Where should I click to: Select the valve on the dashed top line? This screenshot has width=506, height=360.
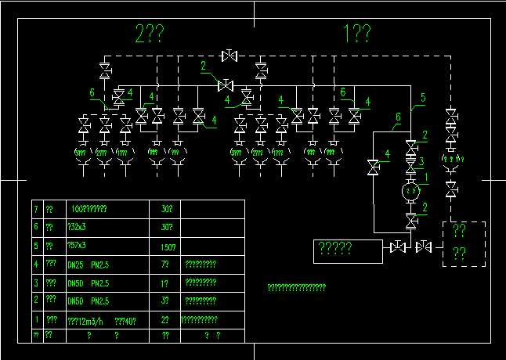tap(230, 55)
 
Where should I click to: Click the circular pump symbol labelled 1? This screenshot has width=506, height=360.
tap(411, 190)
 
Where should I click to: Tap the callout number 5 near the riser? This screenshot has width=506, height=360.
tap(423, 98)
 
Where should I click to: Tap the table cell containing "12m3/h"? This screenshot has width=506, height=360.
tap(88, 319)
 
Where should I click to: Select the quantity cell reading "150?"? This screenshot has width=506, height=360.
tap(167, 246)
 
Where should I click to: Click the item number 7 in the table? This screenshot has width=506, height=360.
tap(35, 209)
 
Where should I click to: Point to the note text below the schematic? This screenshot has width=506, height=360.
tap(296, 288)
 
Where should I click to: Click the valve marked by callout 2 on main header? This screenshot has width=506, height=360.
tap(226, 85)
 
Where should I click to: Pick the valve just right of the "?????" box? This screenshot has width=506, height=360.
tap(398, 247)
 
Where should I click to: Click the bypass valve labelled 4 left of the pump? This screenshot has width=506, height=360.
tap(374, 167)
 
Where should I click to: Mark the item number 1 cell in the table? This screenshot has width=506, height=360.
tap(35, 319)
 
